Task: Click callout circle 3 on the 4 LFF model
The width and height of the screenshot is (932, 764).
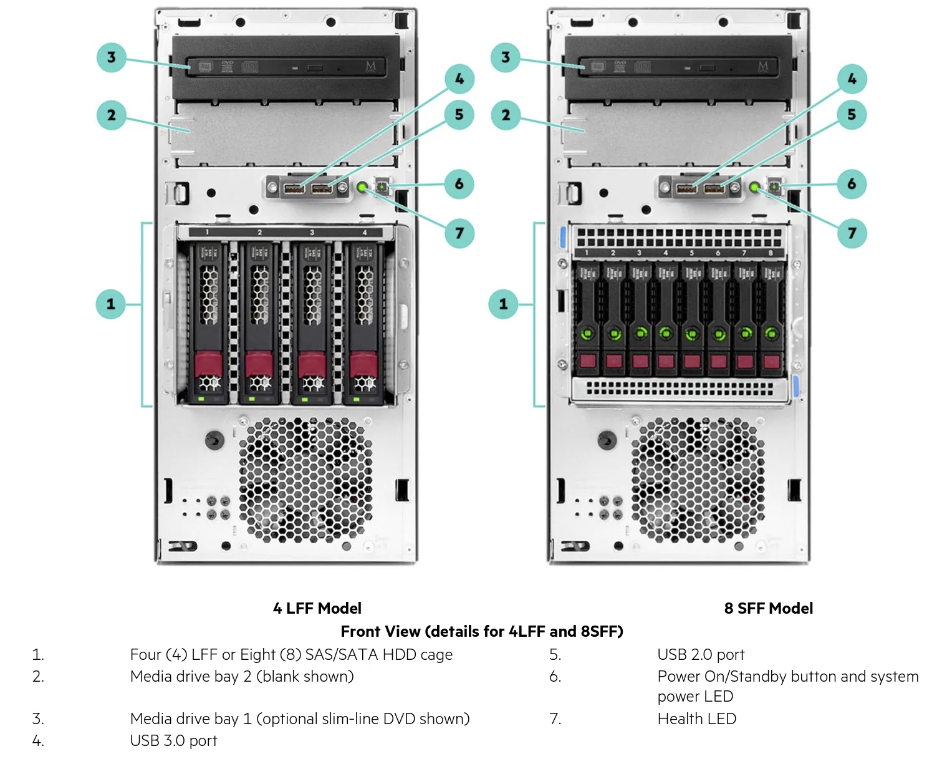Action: [111, 57]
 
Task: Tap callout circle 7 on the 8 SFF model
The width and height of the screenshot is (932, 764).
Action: [852, 233]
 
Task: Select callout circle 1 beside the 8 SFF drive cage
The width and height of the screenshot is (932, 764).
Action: [503, 304]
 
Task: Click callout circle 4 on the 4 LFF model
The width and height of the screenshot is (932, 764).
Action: [459, 79]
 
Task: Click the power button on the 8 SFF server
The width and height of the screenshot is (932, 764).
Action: [774, 186]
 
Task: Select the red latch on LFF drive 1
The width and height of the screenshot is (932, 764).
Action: [208, 364]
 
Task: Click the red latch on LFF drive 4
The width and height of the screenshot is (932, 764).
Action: [363, 364]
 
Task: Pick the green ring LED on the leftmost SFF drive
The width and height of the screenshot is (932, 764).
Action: [587, 334]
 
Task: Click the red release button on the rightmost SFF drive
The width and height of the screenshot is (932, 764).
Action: [771, 361]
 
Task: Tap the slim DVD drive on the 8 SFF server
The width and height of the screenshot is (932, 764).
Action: [678, 67]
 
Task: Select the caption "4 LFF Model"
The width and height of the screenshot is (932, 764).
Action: [317, 608]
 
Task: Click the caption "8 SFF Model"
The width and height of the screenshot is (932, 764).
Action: [768, 608]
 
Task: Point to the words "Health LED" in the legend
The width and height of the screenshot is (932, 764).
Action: [696, 718]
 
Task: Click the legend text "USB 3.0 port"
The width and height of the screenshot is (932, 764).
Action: [173, 740]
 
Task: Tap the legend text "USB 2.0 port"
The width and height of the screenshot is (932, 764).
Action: [701, 654]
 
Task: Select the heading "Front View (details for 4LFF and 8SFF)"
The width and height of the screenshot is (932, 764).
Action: [481, 631]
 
